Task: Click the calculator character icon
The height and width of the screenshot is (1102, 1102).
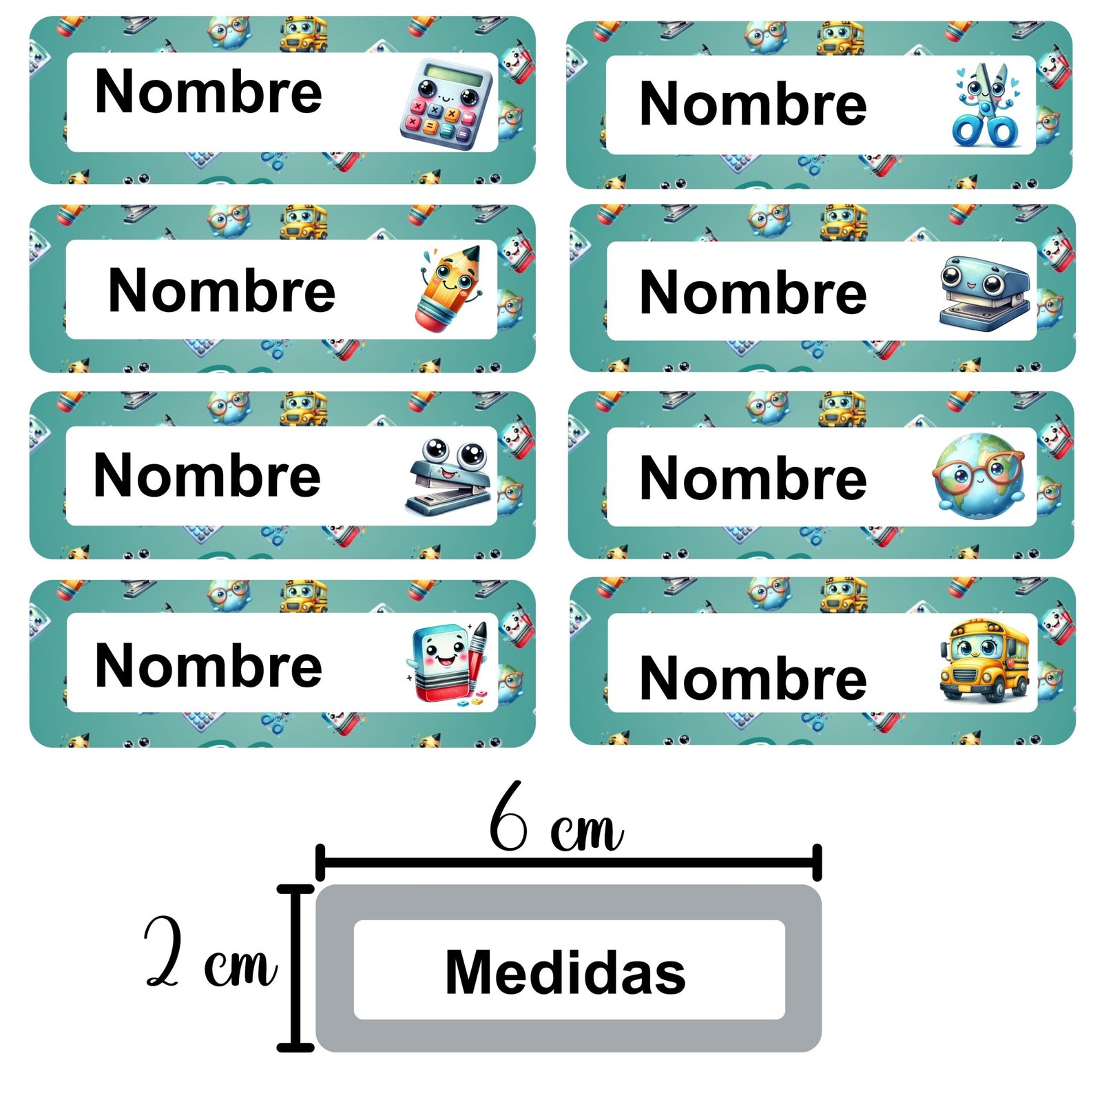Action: (x=446, y=103)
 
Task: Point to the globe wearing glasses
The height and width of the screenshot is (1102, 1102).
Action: (x=979, y=476)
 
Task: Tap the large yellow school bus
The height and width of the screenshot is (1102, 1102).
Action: (x=984, y=660)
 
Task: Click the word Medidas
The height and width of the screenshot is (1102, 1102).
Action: (x=565, y=972)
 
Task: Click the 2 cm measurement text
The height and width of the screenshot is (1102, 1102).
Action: (x=210, y=953)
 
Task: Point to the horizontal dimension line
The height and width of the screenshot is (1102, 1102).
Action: (x=568, y=862)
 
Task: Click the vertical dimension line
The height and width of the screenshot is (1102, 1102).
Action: (x=295, y=968)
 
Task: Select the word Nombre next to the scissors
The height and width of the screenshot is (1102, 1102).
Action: (x=753, y=104)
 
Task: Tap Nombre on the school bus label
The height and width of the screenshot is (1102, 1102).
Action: (x=753, y=678)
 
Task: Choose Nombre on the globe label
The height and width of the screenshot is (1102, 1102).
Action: (x=753, y=479)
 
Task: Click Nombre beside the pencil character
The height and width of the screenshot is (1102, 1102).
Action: (x=222, y=291)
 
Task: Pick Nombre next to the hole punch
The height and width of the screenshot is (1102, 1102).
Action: (x=753, y=293)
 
